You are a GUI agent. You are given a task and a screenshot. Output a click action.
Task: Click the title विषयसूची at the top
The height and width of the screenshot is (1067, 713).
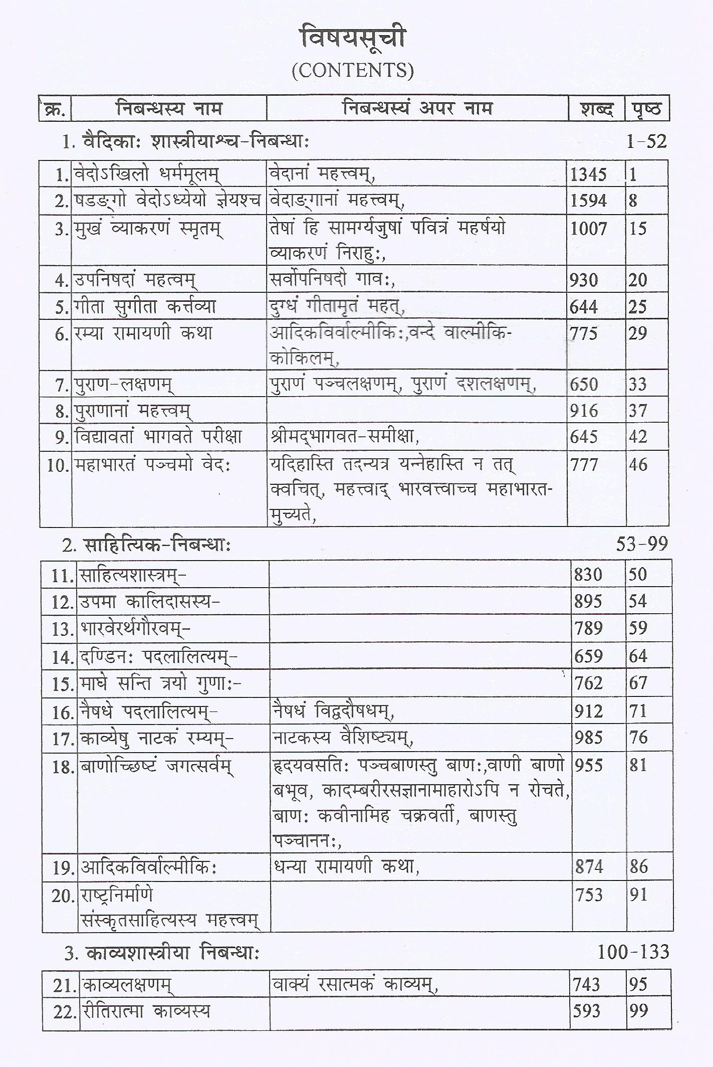click(x=353, y=39)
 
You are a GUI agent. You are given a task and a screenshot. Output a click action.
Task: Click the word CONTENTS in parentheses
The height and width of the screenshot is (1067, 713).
click(x=353, y=71)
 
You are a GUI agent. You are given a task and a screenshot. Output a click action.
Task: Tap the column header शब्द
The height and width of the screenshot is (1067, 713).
click(x=596, y=109)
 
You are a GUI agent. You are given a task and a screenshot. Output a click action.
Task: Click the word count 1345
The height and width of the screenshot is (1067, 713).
click(x=589, y=174)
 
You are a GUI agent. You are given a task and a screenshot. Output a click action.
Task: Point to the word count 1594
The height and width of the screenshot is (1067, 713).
click(x=589, y=201)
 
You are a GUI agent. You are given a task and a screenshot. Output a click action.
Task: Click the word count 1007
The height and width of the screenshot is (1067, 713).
click(x=589, y=229)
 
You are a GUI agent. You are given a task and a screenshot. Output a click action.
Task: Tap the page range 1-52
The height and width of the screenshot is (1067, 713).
click(x=646, y=142)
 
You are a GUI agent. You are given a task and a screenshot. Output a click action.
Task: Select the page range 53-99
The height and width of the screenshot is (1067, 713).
click(x=642, y=544)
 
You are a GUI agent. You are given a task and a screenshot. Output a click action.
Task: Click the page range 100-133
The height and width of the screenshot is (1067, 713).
click(x=633, y=952)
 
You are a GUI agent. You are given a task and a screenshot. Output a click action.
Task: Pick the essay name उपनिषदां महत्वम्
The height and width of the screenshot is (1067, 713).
click(x=135, y=280)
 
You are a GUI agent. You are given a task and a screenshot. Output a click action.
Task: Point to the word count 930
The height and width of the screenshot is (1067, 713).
click(x=584, y=280)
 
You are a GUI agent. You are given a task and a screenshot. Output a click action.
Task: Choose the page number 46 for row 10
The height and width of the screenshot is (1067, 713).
click(x=638, y=465)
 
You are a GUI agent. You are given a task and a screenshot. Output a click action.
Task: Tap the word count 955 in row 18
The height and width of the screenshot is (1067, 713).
click(x=588, y=766)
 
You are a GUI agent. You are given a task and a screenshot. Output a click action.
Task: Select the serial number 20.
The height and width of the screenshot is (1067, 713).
click(x=63, y=896)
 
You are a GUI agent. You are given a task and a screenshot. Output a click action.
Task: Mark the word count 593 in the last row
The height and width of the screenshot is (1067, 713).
click(x=587, y=1012)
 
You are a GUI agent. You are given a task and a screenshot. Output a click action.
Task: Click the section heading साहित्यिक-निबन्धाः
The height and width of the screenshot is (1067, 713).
click(x=157, y=545)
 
